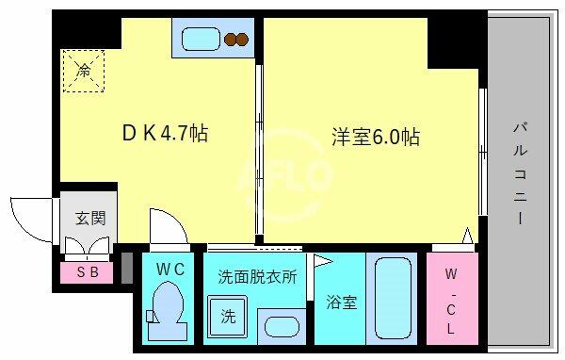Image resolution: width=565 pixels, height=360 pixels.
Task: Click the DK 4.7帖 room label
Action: click(x=165, y=134)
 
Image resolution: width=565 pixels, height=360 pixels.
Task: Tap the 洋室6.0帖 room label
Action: click(x=376, y=137)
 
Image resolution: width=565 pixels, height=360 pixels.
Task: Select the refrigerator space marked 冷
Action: click(x=84, y=71)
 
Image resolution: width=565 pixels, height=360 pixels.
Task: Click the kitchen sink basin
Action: click(x=201, y=39)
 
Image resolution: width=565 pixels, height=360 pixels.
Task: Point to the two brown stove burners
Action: click(x=236, y=40)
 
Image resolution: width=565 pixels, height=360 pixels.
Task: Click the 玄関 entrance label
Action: click(x=90, y=219)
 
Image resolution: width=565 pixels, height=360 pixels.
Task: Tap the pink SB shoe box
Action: click(x=87, y=272)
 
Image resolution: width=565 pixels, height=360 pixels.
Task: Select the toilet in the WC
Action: click(x=168, y=309)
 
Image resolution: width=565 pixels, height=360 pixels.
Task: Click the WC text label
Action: click(x=170, y=270)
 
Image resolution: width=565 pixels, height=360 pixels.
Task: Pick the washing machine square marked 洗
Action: click(x=227, y=317)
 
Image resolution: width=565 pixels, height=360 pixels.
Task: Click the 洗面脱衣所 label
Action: click(x=257, y=277)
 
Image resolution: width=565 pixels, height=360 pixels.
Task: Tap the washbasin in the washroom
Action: click(x=282, y=327)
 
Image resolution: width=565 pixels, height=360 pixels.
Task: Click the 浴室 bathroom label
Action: click(x=341, y=303)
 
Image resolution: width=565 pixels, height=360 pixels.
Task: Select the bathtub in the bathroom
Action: click(x=393, y=299)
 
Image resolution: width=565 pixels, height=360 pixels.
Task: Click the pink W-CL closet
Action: click(x=452, y=299)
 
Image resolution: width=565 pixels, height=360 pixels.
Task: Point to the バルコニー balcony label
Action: click(x=520, y=173)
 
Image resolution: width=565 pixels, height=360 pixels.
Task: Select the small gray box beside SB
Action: click(x=127, y=268)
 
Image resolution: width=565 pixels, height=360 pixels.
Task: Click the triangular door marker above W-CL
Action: click(x=467, y=236)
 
